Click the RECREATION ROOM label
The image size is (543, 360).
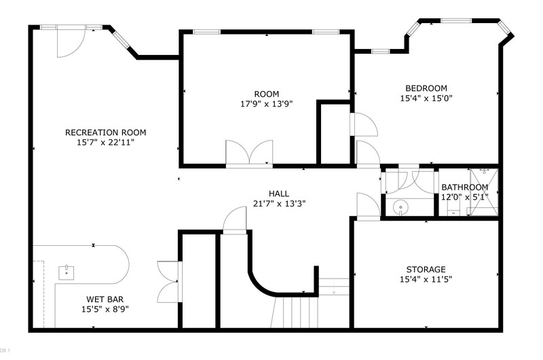106,132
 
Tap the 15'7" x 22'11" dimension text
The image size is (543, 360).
106,143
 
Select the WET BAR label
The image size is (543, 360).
105,300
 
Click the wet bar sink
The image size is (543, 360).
66,272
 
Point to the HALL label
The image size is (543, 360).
279,194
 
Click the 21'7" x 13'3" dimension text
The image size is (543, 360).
279,204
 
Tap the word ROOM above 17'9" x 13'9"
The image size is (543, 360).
267,94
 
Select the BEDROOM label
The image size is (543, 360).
426,88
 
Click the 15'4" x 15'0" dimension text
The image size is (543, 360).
426,98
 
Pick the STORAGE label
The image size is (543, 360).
426,269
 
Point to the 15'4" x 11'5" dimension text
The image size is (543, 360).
426,279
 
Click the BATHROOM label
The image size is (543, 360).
465,187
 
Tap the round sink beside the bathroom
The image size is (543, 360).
400,208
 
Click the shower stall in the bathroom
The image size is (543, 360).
484,192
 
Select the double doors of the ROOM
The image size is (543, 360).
249,153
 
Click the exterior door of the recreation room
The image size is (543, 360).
71,41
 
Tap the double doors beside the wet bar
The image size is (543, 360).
170,282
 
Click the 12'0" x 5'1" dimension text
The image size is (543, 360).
465,197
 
